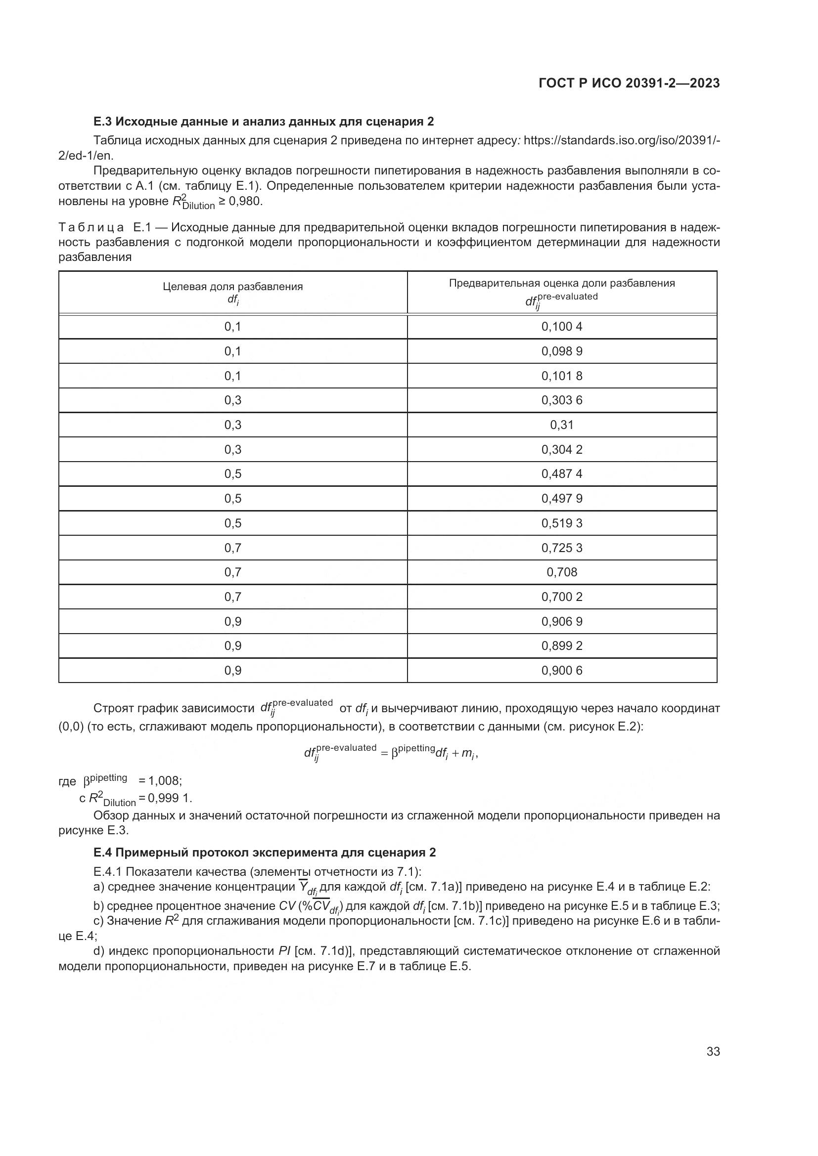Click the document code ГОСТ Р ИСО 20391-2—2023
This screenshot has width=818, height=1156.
click(629, 83)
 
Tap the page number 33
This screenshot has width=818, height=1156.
click(713, 1051)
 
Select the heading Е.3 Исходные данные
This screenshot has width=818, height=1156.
click(264, 122)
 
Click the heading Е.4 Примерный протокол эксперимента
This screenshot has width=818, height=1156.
click(265, 853)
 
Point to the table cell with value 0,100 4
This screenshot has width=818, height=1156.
click(562, 327)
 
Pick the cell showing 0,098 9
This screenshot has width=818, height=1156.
click(562, 351)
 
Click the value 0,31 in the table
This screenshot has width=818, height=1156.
click(562, 425)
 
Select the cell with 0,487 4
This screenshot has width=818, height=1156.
click(562, 474)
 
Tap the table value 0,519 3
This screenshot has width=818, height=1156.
click(562, 523)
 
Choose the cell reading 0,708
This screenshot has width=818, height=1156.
click(562, 572)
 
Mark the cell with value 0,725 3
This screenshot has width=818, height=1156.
click(562, 548)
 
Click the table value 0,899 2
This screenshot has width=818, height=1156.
click(562, 646)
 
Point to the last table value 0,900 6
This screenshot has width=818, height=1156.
click(562, 671)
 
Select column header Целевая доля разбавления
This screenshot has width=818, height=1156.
click(233, 287)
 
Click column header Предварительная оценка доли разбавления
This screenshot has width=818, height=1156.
click(562, 284)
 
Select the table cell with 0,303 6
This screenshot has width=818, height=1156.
click(562, 400)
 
